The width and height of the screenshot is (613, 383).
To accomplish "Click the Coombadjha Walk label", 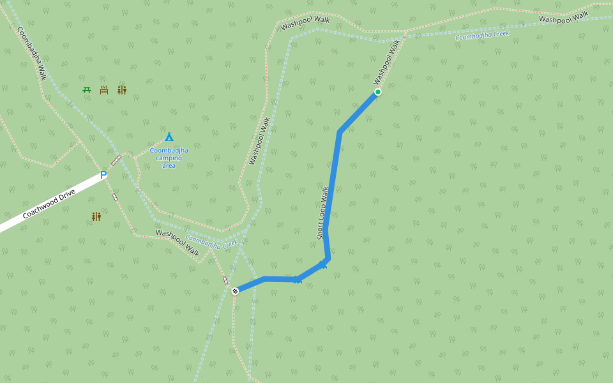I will point(32,54).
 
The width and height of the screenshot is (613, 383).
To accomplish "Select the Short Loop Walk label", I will point(323,213).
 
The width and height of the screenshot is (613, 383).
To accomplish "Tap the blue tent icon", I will point(169,137).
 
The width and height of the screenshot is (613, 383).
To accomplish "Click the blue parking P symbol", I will point(103,175).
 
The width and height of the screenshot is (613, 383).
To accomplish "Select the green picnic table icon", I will point(87,90).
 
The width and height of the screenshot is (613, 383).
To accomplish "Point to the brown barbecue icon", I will point(104,90).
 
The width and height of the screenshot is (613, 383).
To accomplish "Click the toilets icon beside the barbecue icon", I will point(122,90).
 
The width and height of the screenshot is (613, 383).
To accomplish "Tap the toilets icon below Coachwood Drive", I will point(96,217).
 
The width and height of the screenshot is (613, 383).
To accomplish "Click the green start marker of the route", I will point(378,92).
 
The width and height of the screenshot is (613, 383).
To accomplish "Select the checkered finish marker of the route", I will point(235,291).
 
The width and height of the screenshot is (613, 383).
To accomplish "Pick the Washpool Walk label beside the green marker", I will point(387,62).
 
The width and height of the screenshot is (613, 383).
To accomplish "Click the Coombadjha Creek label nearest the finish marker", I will point(211,242).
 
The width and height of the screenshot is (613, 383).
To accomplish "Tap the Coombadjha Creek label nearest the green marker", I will point(482,36).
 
